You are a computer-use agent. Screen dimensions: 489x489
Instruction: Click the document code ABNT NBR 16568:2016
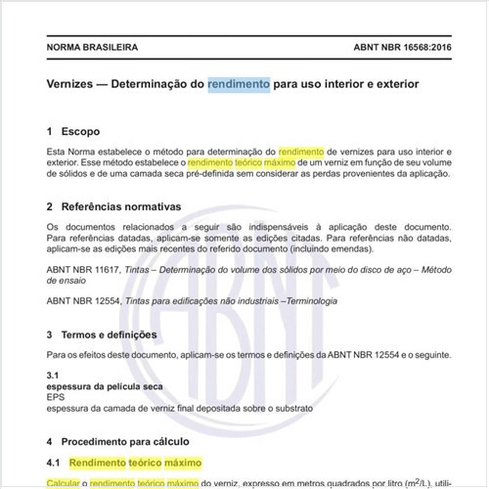click(395, 47)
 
